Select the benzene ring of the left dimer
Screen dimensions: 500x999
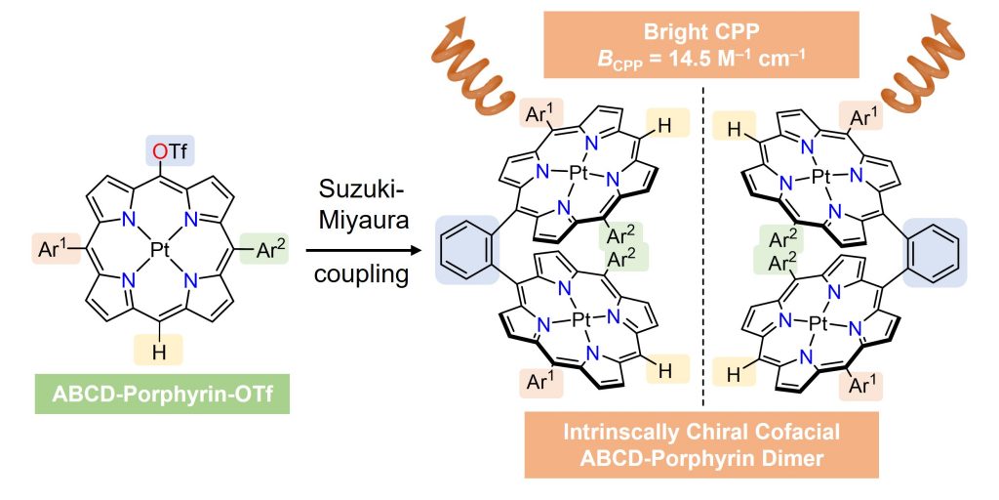click(x=465, y=252)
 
